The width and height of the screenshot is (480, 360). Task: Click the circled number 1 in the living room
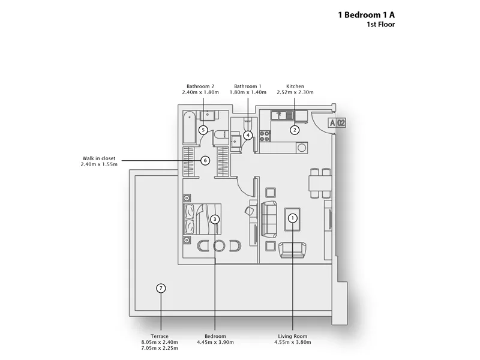293,218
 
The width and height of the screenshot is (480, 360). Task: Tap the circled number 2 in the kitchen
295,130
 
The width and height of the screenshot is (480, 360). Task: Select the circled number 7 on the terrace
161,288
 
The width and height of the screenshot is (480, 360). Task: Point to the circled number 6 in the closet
205,160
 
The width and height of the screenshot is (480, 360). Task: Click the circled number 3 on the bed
215,219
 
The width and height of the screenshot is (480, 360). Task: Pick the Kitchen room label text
295,86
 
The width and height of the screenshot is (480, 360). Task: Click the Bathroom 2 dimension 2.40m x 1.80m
200,92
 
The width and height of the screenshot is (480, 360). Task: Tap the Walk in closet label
99,158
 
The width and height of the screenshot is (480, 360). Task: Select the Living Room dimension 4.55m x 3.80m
293,342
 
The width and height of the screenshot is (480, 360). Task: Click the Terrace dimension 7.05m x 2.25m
160,348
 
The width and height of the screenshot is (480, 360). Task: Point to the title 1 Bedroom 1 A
367,14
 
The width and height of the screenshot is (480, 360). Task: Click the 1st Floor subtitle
381,25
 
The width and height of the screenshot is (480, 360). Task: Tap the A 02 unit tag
337,123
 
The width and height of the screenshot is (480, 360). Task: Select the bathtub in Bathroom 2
190,128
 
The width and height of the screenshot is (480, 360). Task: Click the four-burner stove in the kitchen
265,136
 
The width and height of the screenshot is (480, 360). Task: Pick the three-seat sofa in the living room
269,220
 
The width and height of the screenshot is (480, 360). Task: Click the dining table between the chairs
320,184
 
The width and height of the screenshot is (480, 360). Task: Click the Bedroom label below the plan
215,336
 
